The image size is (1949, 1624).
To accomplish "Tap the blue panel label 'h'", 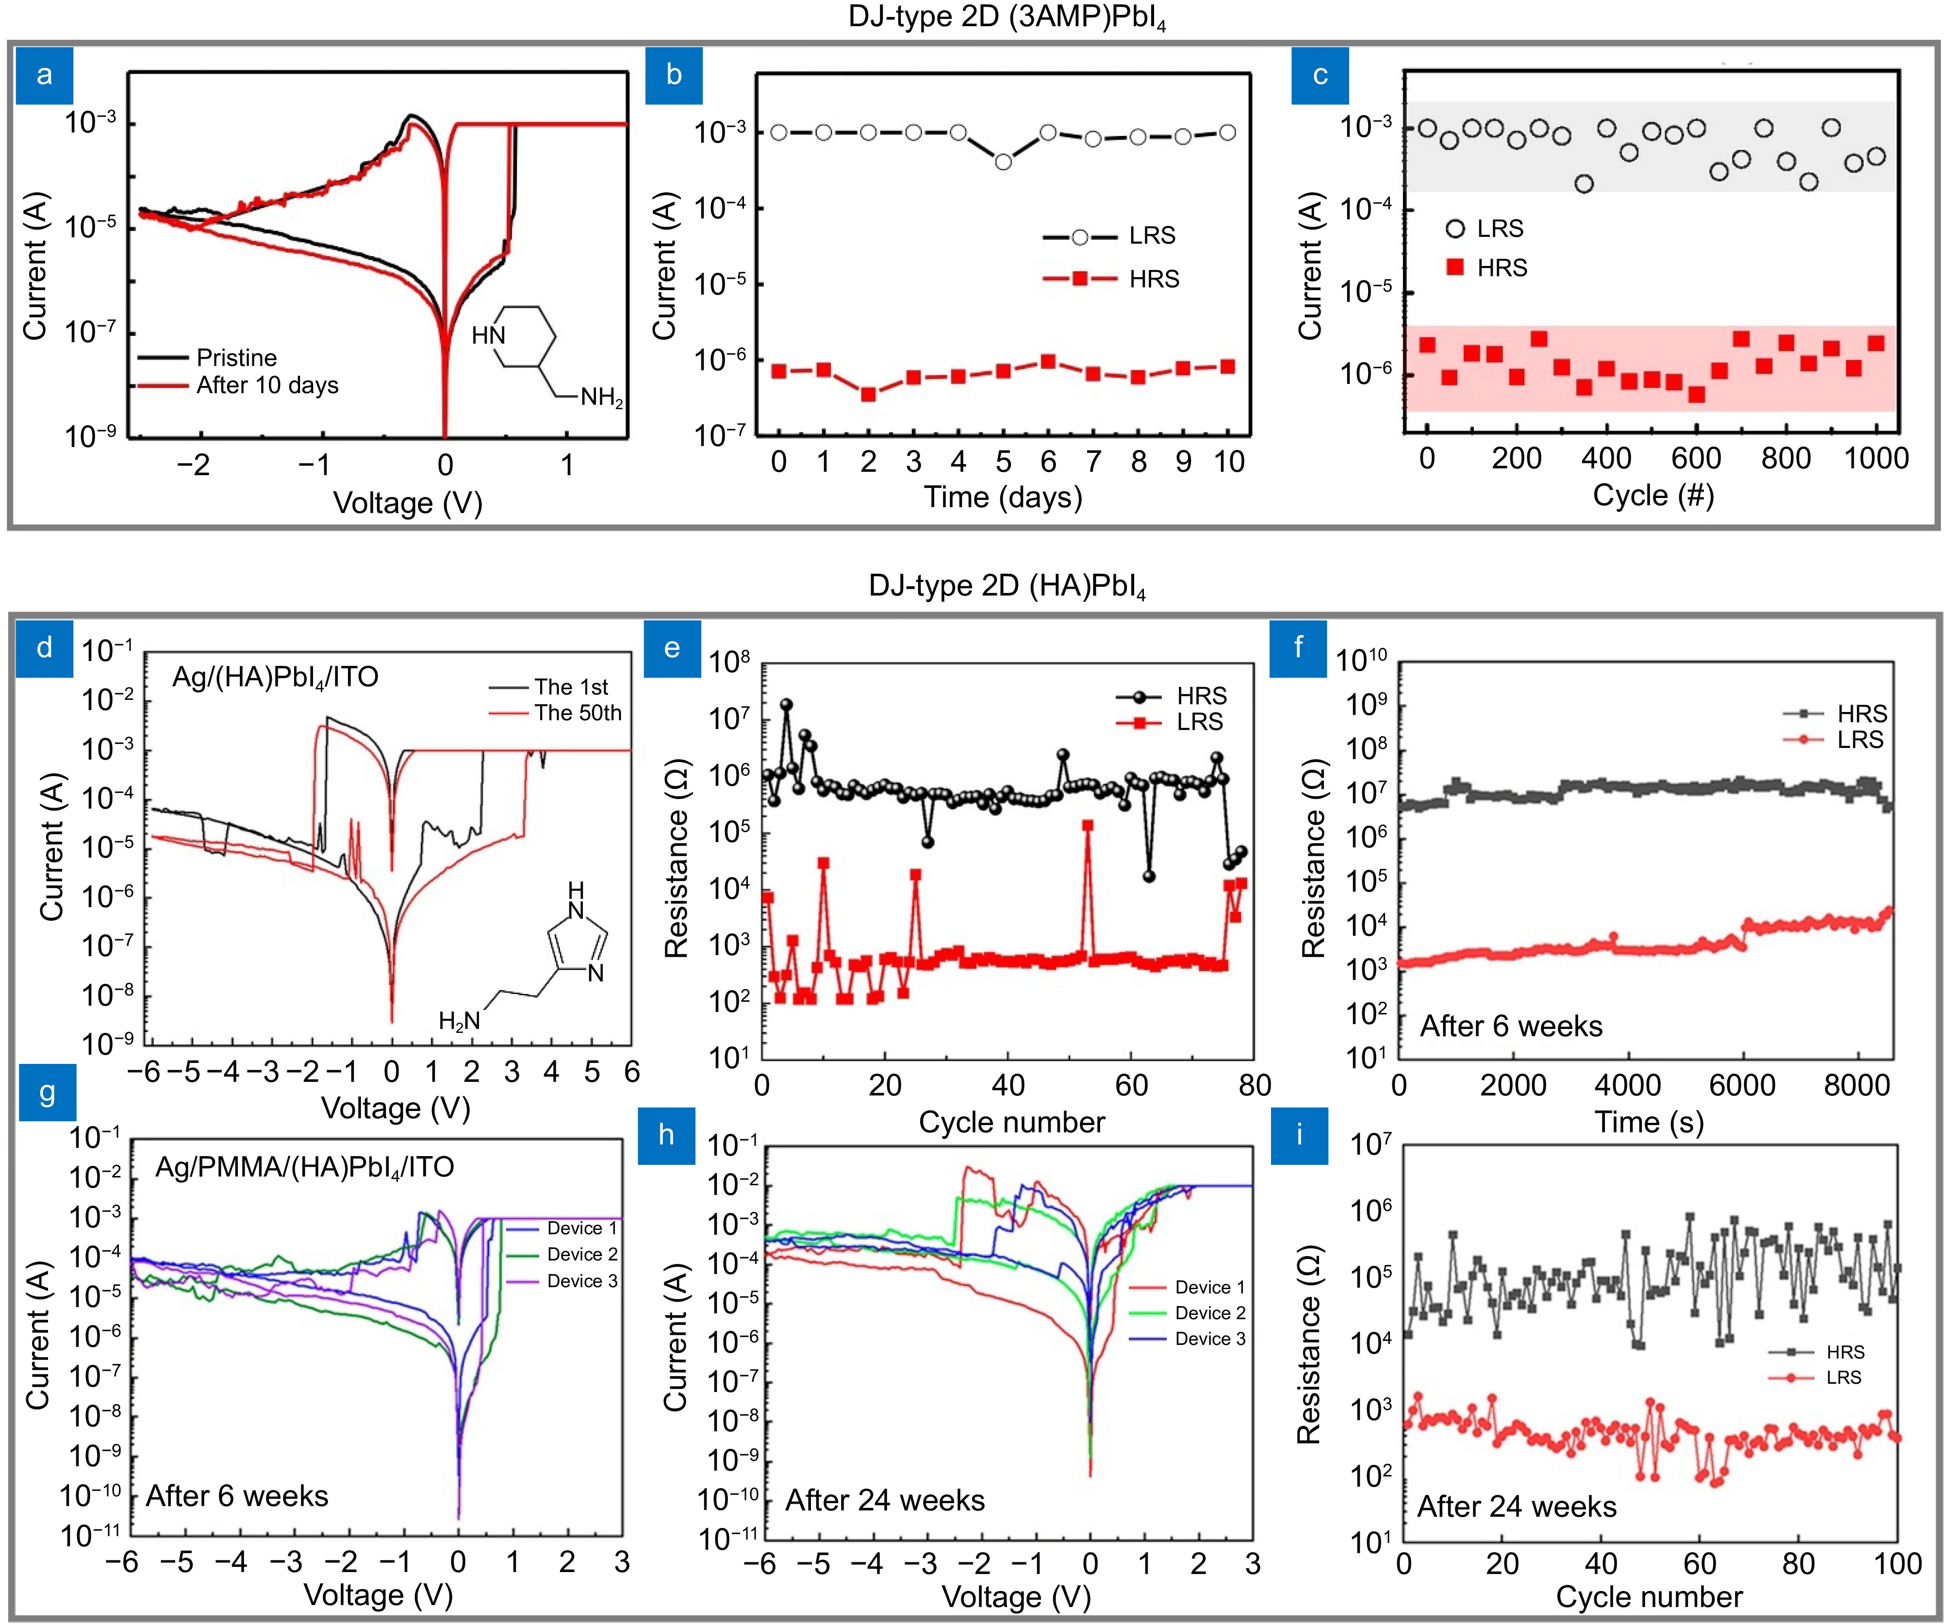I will [x=665, y=1135].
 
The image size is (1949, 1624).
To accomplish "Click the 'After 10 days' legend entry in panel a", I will [x=266, y=385].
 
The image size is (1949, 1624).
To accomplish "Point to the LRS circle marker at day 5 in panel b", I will [x=1003, y=162].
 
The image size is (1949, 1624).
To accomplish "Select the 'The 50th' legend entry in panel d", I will [x=578, y=713].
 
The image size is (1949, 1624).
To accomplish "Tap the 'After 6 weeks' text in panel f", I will [x=1511, y=1027].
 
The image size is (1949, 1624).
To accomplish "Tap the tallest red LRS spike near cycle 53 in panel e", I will [x=1087, y=825].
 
